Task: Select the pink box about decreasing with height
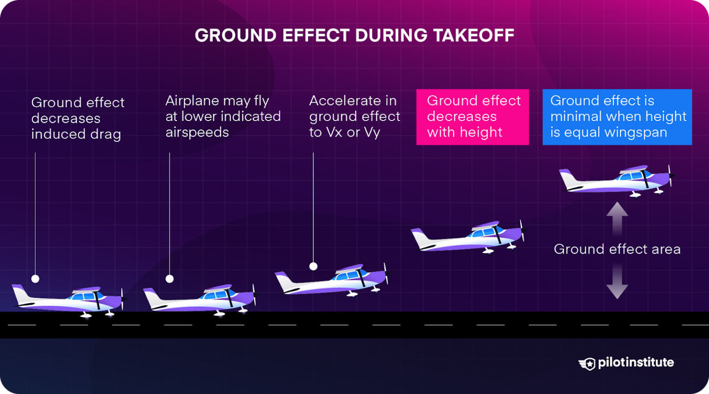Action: pos(472,117)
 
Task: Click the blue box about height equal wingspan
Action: pos(617,117)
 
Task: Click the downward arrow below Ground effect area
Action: pos(617,283)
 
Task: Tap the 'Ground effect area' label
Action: pos(617,249)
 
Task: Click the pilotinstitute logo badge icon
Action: pos(587,364)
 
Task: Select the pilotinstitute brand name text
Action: pos(636,363)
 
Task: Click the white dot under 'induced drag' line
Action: pos(35,279)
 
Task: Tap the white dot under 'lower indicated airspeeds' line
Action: pos(169,279)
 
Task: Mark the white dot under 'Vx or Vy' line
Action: pos(313,266)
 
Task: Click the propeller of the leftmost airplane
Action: pos(122,298)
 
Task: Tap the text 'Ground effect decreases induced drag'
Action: pos(78,118)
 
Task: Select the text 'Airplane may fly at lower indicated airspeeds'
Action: pos(223,116)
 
